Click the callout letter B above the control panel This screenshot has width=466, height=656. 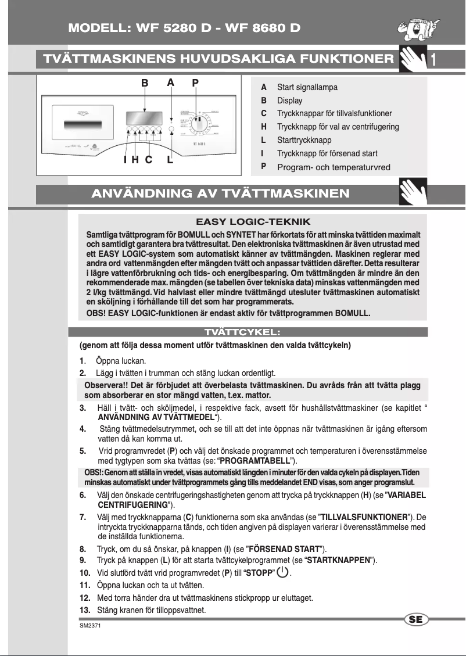click(x=145, y=83)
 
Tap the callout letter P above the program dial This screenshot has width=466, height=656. click(x=196, y=83)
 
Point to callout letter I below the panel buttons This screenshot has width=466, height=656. click(x=125, y=160)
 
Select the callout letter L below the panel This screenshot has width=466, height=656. click(x=170, y=160)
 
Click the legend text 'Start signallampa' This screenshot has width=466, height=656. click(x=307, y=88)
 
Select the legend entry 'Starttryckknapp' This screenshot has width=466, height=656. click(x=304, y=141)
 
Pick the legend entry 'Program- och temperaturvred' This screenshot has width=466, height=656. click(x=334, y=167)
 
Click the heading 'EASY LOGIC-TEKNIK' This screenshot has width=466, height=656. click(x=253, y=222)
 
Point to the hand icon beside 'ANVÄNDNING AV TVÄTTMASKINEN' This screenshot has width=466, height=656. click(x=413, y=192)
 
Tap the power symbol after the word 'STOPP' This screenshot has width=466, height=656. click(x=282, y=572)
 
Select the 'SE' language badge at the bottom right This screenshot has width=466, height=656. click(x=415, y=619)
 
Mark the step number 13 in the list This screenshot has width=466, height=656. click(x=85, y=610)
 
